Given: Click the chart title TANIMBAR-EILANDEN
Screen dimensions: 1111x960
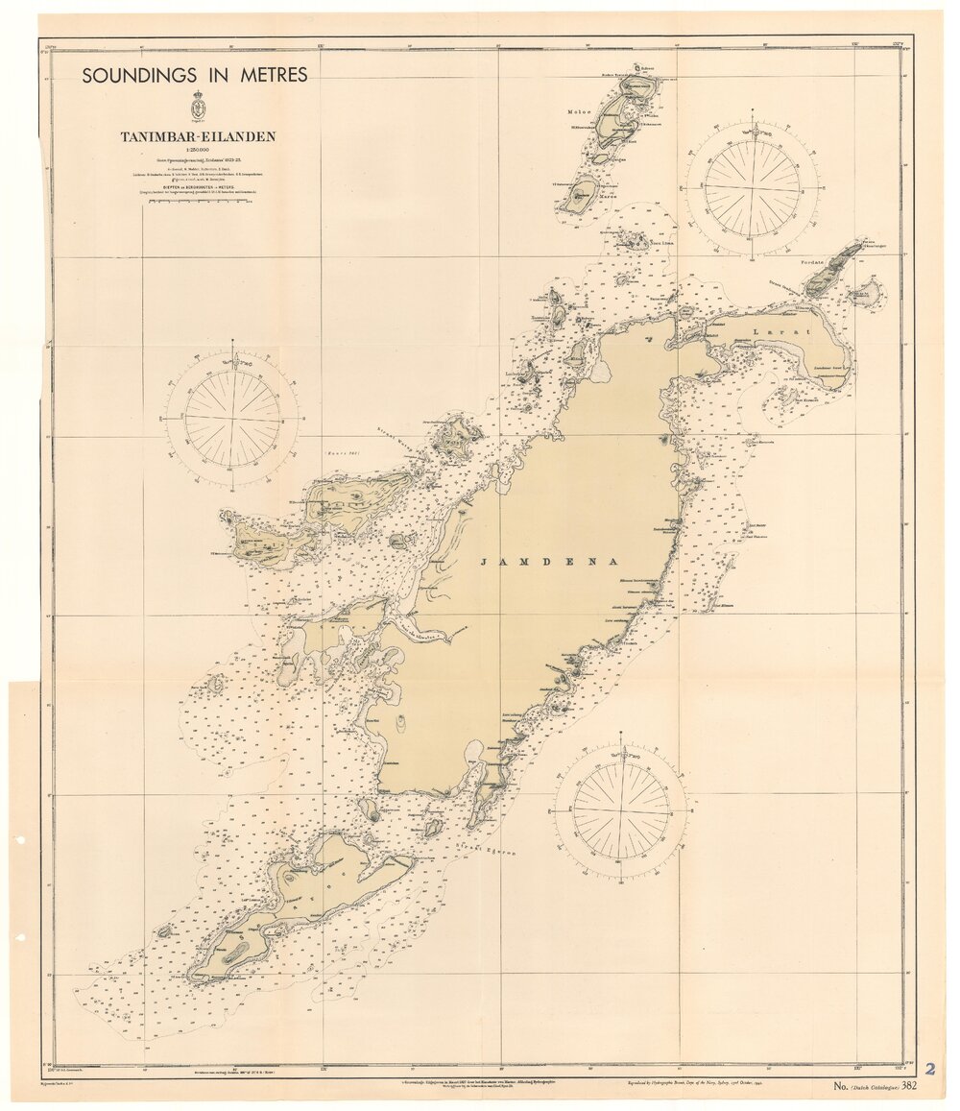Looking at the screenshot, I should click(x=198, y=136).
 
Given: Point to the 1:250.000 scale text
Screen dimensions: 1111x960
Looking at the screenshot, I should click(x=198, y=150).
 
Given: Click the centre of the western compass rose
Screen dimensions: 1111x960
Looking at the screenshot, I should click(x=233, y=419).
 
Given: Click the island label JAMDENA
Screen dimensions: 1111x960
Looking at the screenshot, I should click(x=546, y=562).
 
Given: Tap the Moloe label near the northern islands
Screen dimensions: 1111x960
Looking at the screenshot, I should click(x=580, y=110).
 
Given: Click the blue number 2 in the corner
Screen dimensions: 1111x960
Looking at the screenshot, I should click(x=929, y=1069).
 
